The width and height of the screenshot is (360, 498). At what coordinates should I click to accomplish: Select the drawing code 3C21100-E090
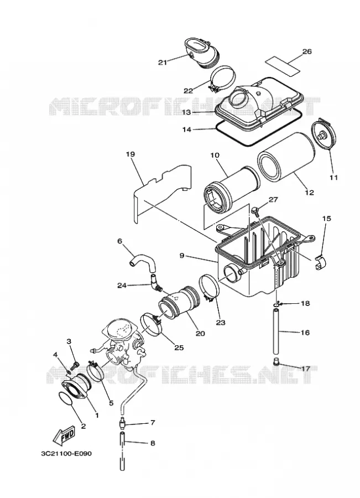click(66, 453)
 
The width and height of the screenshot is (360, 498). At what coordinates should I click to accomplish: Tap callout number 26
click(307, 51)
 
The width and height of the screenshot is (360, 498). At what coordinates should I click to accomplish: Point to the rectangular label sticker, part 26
click(281, 65)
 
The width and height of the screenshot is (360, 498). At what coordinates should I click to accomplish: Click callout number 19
click(130, 154)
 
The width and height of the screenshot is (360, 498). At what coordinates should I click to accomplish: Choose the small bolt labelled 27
click(255, 210)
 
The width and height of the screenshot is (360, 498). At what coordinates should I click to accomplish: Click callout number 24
click(122, 286)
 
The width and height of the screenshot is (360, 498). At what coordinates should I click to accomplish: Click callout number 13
click(186, 112)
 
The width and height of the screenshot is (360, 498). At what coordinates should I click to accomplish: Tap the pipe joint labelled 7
click(123, 423)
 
